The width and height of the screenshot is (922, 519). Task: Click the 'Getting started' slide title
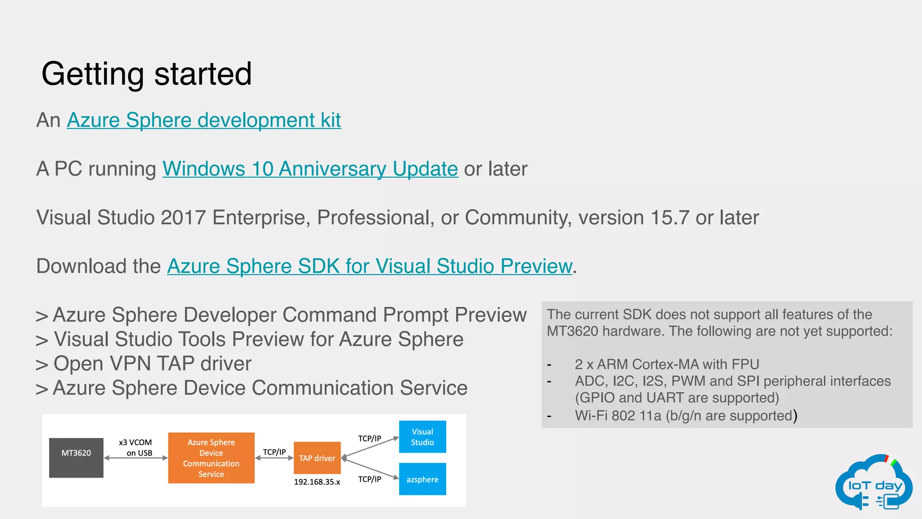pyautogui.click(x=146, y=74)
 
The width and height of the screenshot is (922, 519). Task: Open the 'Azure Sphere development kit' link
pyautogui.click(x=203, y=120)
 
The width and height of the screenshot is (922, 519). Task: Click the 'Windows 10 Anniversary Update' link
pyautogui.click(x=310, y=169)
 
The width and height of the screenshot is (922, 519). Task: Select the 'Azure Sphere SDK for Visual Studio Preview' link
pyautogui.click(x=370, y=266)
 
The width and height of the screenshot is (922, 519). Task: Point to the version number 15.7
pyautogui.click(x=670, y=218)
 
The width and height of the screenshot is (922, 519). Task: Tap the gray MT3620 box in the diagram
pyautogui.click(x=76, y=457)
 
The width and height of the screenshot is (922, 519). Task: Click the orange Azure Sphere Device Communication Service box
pyautogui.click(x=211, y=458)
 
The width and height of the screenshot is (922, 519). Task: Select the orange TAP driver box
pyautogui.click(x=317, y=458)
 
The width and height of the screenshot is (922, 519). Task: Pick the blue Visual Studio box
pyautogui.click(x=422, y=437)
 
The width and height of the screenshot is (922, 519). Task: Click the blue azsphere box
pyautogui.click(x=422, y=479)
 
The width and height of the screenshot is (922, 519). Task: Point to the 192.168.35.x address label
pyautogui.click(x=317, y=482)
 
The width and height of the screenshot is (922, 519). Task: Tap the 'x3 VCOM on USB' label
pyautogui.click(x=136, y=447)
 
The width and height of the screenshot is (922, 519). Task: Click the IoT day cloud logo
pyautogui.click(x=873, y=483)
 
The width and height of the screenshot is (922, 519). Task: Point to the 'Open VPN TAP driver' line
pyautogui.click(x=152, y=364)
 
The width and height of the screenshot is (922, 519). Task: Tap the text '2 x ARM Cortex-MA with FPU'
pyautogui.click(x=667, y=364)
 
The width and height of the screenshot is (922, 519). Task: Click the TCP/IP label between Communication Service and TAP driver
pyautogui.click(x=274, y=452)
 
